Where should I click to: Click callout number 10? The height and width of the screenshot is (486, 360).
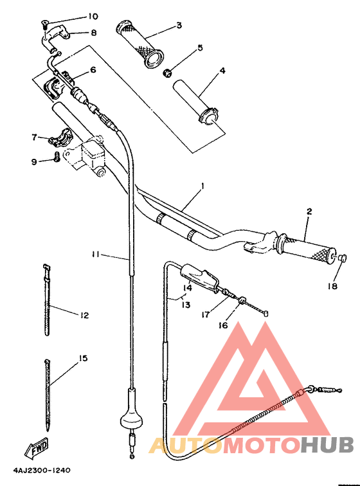tap(94, 15)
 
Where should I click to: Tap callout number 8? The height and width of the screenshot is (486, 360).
tap(94, 32)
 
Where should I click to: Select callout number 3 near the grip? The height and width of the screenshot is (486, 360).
tap(179, 26)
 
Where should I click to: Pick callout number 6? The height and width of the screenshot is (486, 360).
tap(93, 70)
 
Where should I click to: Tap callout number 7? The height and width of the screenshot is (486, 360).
tap(34, 137)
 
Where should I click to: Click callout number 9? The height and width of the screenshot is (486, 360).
tap(34, 161)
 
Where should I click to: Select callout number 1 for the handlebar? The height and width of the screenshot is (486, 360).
tap(203, 186)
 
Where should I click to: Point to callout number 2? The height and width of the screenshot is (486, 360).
tap(309, 212)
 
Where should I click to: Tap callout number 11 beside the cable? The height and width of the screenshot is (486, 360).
tap(94, 255)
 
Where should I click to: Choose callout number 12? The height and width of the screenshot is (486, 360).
tap(84, 315)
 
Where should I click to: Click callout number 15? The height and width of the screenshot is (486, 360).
tap(84, 358)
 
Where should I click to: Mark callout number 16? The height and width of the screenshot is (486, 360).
tap(223, 325)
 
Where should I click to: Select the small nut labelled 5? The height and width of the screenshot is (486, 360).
tap(168, 72)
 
